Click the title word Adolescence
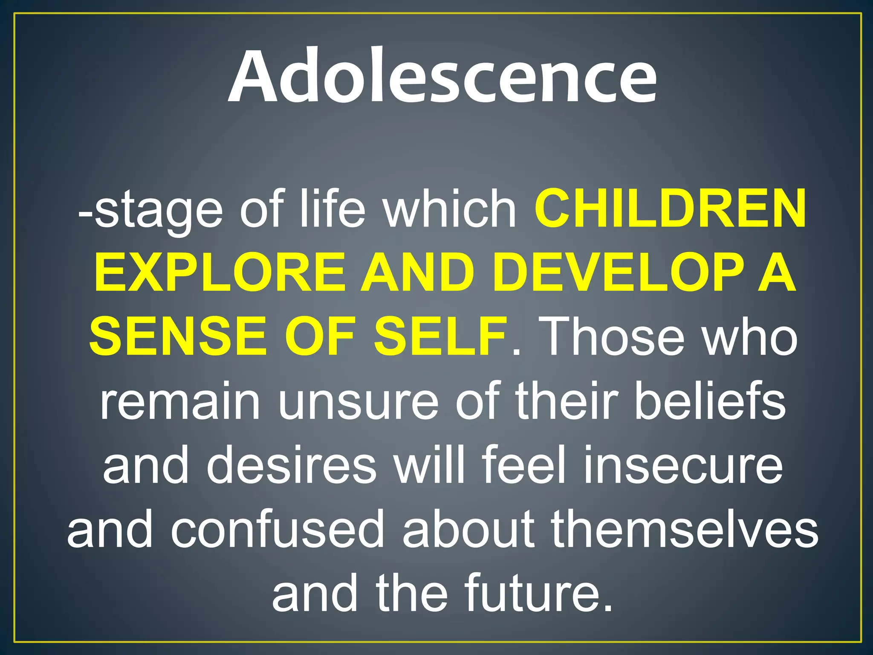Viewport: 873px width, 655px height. click(x=442, y=77)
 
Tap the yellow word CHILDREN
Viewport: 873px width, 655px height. click(x=670, y=209)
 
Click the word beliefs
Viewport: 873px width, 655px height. click(x=710, y=401)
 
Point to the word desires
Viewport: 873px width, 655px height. click(x=292, y=465)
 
